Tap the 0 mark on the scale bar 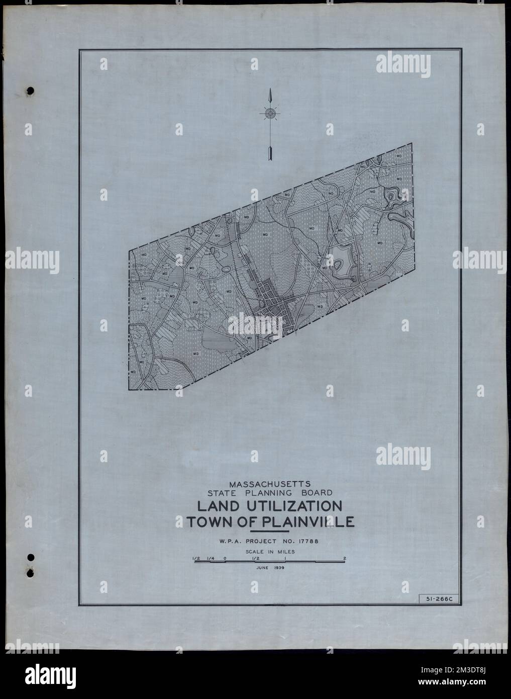click(225, 558)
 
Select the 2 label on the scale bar click(345, 558)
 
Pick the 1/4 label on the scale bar click(210, 558)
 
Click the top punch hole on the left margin click(30, 91)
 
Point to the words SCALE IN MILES click(270, 552)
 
